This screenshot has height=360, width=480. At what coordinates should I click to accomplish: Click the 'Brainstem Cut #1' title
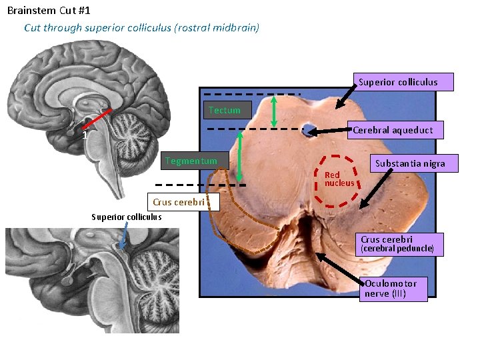[x=49, y=11]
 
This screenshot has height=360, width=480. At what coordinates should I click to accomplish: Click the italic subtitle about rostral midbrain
[x=141, y=28]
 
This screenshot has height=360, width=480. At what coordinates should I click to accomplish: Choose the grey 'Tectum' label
[x=224, y=110]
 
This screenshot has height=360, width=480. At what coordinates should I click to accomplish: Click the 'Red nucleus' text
[x=339, y=179]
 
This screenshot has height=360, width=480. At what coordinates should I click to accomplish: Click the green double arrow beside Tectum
[x=274, y=110]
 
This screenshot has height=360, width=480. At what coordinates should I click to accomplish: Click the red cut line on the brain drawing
[x=97, y=119]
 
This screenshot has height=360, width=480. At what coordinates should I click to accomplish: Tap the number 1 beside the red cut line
[x=85, y=135]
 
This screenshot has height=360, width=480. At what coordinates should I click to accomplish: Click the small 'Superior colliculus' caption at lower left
[x=126, y=217]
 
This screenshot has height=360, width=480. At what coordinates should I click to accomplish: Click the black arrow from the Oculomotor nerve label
[x=339, y=267]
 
